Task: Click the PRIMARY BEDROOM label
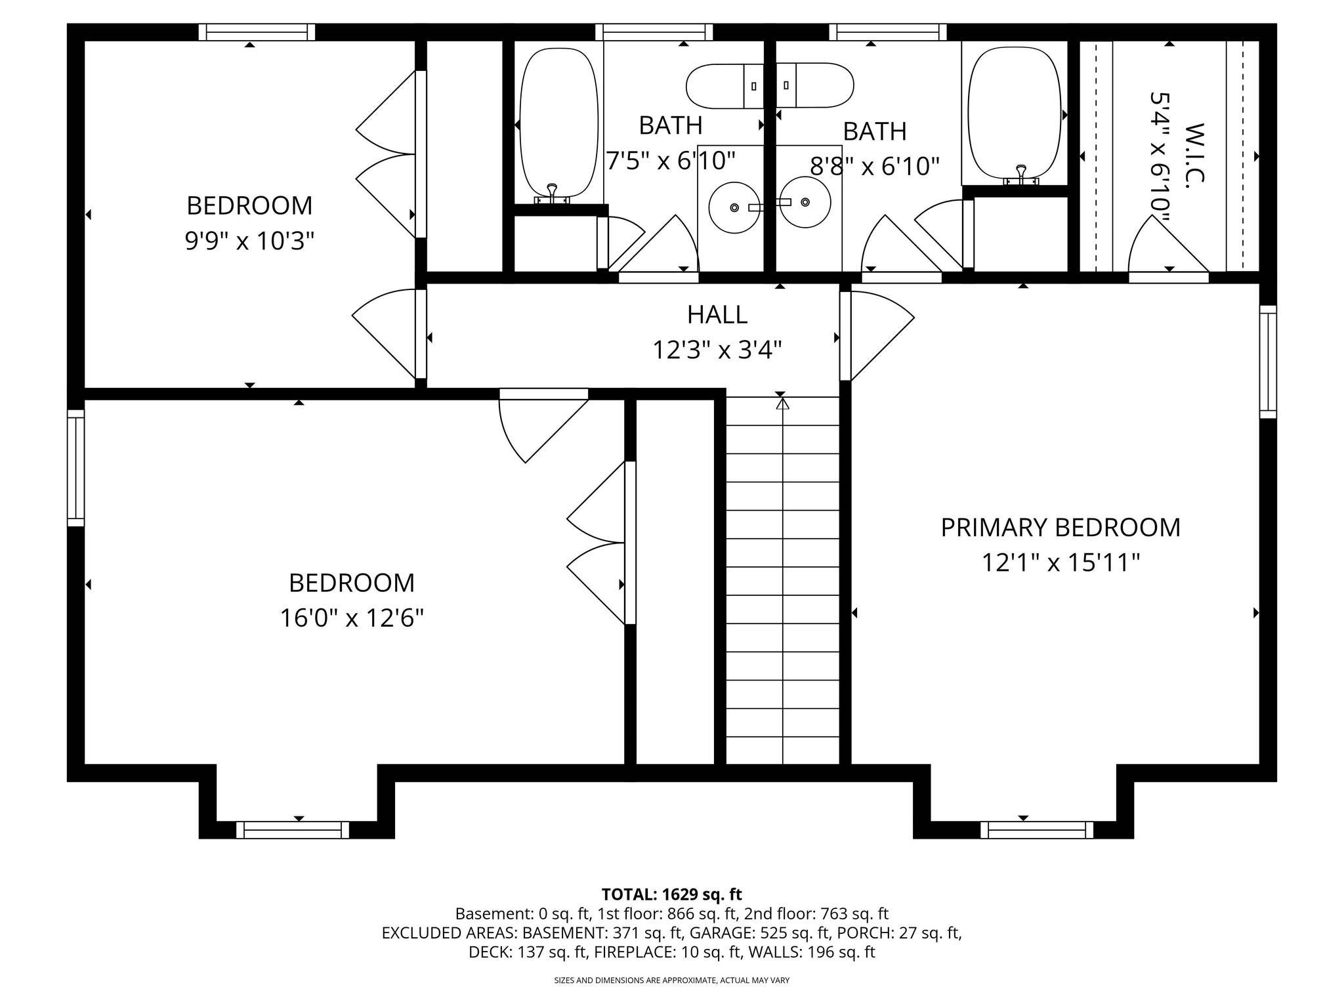tap(1060, 528)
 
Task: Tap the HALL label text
tap(717, 315)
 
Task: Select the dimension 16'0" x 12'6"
tap(352, 618)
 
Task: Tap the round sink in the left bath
tap(734, 207)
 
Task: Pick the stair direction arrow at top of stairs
tap(782, 404)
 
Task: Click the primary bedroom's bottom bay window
tap(1037, 830)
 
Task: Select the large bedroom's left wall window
tap(76, 468)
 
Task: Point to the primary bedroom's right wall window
tap(1268, 362)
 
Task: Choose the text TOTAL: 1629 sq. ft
tap(671, 894)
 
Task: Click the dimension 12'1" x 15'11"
tap(1060, 563)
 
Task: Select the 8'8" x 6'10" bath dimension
tap(874, 167)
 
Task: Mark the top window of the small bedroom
tap(257, 32)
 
